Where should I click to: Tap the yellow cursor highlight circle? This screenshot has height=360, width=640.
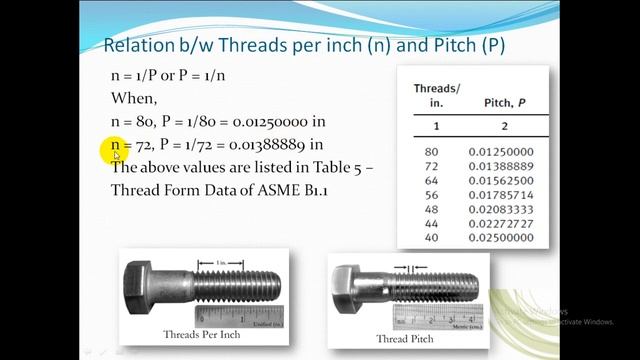pos(115,150)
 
